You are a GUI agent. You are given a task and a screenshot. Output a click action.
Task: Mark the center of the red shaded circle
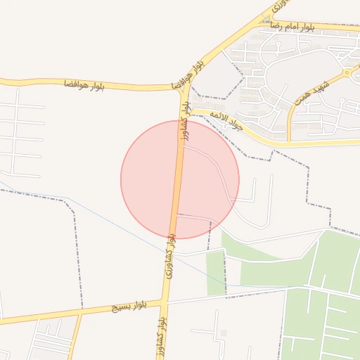180,179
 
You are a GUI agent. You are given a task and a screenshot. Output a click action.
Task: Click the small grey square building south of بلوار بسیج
224,333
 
